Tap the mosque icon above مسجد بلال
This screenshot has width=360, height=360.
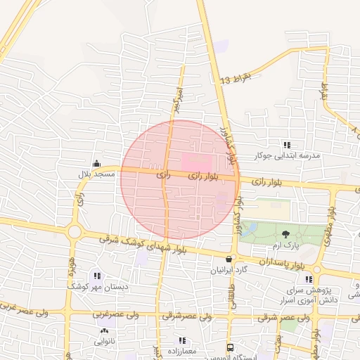[x=96, y=163]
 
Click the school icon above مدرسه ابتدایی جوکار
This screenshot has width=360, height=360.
[x=285, y=144]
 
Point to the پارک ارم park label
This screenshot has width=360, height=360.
[x=286, y=245]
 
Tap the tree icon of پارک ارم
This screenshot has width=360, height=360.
[x=285, y=234]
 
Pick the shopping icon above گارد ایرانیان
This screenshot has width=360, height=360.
[x=229, y=259]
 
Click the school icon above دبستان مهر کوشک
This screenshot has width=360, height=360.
[x=97, y=276]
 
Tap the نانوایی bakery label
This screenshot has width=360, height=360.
[x=105, y=341]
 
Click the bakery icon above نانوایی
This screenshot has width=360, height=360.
[x=105, y=330]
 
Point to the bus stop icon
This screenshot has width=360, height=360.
[x=230, y=347]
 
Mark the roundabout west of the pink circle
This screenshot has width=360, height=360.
[x=75, y=231]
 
